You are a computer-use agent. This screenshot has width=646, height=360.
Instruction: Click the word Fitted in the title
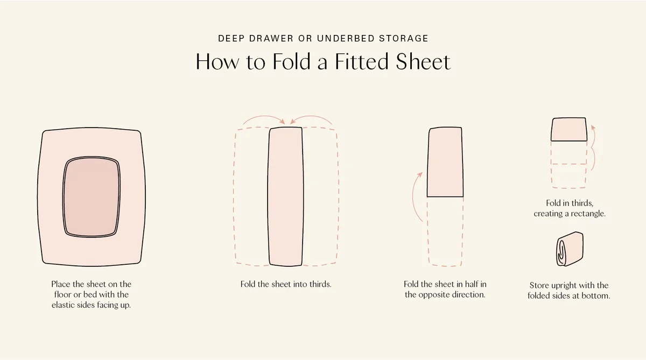point(362,61)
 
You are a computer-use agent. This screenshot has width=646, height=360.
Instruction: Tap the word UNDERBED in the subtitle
point(346,38)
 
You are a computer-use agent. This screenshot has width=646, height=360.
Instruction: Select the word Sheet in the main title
point(423,61)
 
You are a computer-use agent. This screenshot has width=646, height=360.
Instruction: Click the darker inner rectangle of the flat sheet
point(92,197)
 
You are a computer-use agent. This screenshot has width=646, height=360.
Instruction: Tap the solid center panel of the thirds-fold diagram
point(285,196)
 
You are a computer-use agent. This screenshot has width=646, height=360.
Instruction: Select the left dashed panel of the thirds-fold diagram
point(251,196)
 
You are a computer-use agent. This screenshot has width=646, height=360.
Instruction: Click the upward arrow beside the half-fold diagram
point(415,196)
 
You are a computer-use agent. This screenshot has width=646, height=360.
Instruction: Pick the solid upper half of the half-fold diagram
point(445,162)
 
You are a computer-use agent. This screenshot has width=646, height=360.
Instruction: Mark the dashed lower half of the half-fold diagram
point(445,231)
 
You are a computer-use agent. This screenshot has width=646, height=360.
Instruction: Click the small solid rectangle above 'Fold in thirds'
point(569,129)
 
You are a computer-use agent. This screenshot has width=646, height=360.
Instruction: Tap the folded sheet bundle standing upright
point(570,249)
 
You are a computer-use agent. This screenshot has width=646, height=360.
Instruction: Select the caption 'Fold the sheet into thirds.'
point(286,284)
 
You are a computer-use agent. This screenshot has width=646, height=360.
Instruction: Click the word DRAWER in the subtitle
point(271,38)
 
